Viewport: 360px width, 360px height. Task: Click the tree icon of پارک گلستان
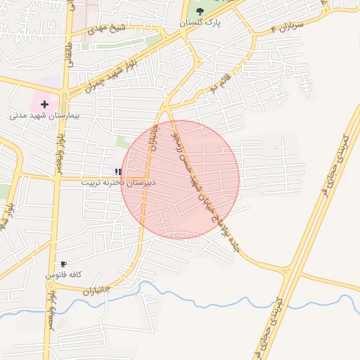coord(200,11)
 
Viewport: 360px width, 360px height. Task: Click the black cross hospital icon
coord(44,104)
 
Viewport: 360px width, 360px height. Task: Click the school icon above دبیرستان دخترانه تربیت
coord(119,172)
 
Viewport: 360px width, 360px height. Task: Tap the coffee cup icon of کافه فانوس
coord(64,264)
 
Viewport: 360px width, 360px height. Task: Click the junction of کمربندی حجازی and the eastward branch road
coord(287,271)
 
